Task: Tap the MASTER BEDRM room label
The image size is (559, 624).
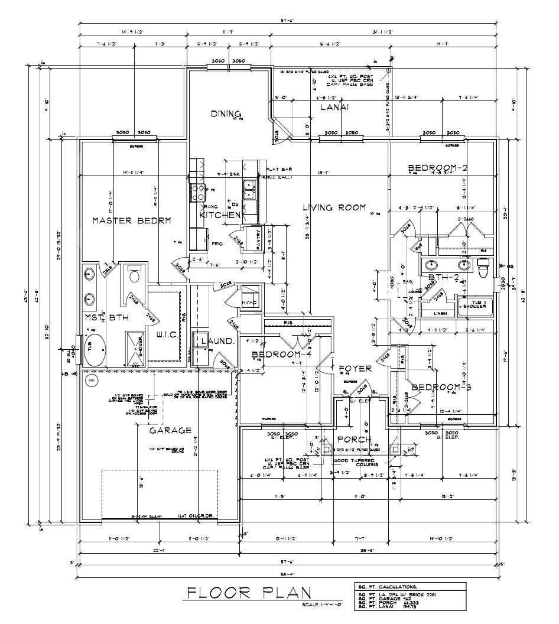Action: coord(132,220)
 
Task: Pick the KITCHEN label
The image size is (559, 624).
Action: coord(220,215)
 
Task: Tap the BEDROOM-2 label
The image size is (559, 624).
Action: coord(438,169)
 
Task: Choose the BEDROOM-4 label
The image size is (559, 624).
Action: coord(277,355)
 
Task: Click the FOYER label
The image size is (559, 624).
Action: coord(355,368)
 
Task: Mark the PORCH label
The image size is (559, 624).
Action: coord(354,440)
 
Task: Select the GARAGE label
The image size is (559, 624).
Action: coord(170,430)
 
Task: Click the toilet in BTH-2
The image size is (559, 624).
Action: coord(483,267)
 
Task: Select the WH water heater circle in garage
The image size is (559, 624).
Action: coord(91,381)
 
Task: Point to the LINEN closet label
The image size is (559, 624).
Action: coord(440,313)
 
